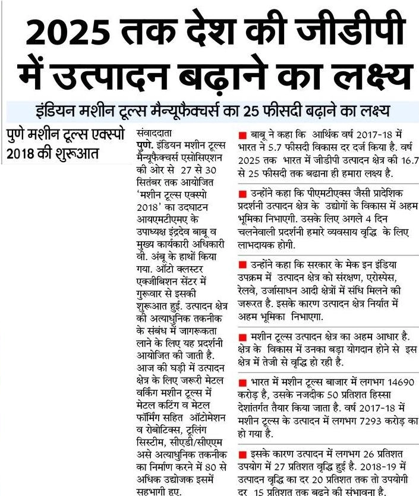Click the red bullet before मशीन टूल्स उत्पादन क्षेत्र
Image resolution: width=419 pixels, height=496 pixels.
(242, 336)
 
